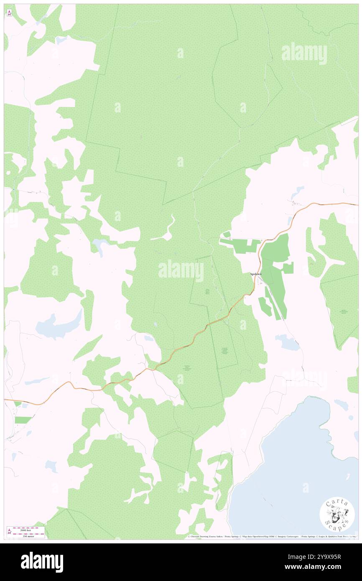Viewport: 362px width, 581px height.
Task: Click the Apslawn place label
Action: tap(255, 274)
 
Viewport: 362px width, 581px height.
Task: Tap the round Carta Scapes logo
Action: tap(337, 515)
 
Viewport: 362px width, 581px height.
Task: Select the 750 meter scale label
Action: tap(28, 535)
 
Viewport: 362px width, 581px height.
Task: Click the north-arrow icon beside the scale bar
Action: tap(9, 532)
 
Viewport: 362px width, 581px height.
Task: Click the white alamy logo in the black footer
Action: tap(42, 562)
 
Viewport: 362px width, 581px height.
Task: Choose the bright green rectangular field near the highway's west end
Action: tap(23, 420)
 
